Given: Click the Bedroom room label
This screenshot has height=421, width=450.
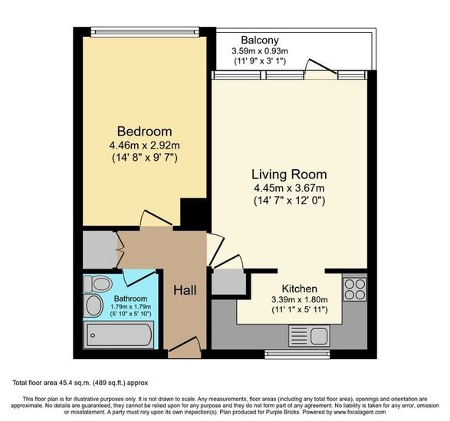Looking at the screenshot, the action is coord(145,132).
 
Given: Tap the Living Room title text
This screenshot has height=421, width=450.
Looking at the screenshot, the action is coord(289,175).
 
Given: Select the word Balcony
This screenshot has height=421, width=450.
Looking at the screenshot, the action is coord(260,40).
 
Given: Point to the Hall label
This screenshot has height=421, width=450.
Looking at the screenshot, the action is coord(185,290).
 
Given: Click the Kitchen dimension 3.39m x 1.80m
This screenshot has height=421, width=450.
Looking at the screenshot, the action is coord(300,300).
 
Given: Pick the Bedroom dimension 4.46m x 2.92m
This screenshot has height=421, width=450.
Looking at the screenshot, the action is coord(145,145).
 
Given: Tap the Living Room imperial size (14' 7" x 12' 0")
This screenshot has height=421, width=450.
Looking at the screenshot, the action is coord(289,201).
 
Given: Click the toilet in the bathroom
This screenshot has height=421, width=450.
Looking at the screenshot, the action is coord(97,284).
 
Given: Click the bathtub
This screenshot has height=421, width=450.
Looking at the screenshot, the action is coord(119,335).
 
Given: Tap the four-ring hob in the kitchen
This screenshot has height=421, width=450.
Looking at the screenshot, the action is coord(355,289).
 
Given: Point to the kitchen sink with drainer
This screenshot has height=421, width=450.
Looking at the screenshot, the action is coord(310,336).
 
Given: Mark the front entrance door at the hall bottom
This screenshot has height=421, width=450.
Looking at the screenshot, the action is coord(184,348).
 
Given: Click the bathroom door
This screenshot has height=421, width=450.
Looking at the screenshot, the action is coord(139,278).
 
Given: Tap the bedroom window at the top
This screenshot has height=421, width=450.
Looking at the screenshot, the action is coord(145,32).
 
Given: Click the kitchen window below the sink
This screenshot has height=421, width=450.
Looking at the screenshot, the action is coord(297,354).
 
